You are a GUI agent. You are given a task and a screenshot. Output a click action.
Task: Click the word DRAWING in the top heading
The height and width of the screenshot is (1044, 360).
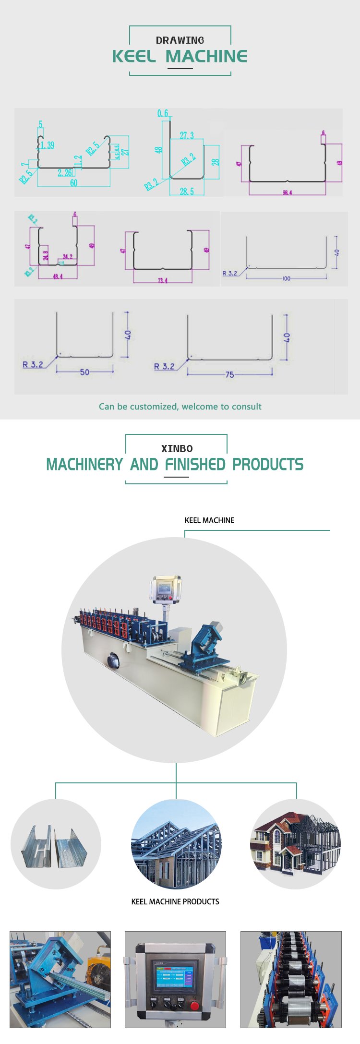pos(180,40)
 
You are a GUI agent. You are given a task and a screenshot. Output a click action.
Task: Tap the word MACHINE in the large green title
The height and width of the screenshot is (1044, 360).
pos(206,57)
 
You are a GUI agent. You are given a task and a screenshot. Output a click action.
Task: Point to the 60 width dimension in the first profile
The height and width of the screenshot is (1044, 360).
pos(73,183)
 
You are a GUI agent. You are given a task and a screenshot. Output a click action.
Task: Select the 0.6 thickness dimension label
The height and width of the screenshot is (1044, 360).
pos(163,113)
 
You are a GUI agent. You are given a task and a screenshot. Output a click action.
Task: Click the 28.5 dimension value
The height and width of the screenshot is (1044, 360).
pos(187,192)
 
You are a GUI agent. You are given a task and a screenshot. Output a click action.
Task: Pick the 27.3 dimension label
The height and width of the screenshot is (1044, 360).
pos(187,136)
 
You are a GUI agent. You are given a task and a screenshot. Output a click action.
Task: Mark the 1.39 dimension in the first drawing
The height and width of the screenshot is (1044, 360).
pos(47,145)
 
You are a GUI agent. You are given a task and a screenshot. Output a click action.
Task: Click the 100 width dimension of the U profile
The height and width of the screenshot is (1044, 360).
pos(287,278)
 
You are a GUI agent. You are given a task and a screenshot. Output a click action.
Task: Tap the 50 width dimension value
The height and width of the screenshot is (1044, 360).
pos(84,372)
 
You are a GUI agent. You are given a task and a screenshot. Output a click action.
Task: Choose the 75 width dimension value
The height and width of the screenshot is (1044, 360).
pos(229,374)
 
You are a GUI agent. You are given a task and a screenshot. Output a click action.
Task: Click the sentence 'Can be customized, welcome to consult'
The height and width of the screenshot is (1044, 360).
pos(180,407)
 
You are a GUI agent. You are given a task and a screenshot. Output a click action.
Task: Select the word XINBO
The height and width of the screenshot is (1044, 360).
pos(177,449)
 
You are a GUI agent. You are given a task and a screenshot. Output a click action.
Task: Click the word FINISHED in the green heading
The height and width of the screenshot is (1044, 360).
pos(195,465)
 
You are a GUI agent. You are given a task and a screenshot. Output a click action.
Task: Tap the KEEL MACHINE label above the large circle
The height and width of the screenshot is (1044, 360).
pos(209,520)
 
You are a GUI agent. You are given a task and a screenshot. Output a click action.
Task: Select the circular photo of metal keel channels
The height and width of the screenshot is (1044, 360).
pos(56,844)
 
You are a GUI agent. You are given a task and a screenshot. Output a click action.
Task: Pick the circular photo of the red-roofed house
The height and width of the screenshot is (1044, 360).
pos(296,844)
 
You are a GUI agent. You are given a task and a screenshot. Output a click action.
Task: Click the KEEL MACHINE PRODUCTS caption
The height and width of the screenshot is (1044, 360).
pos(175,902)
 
